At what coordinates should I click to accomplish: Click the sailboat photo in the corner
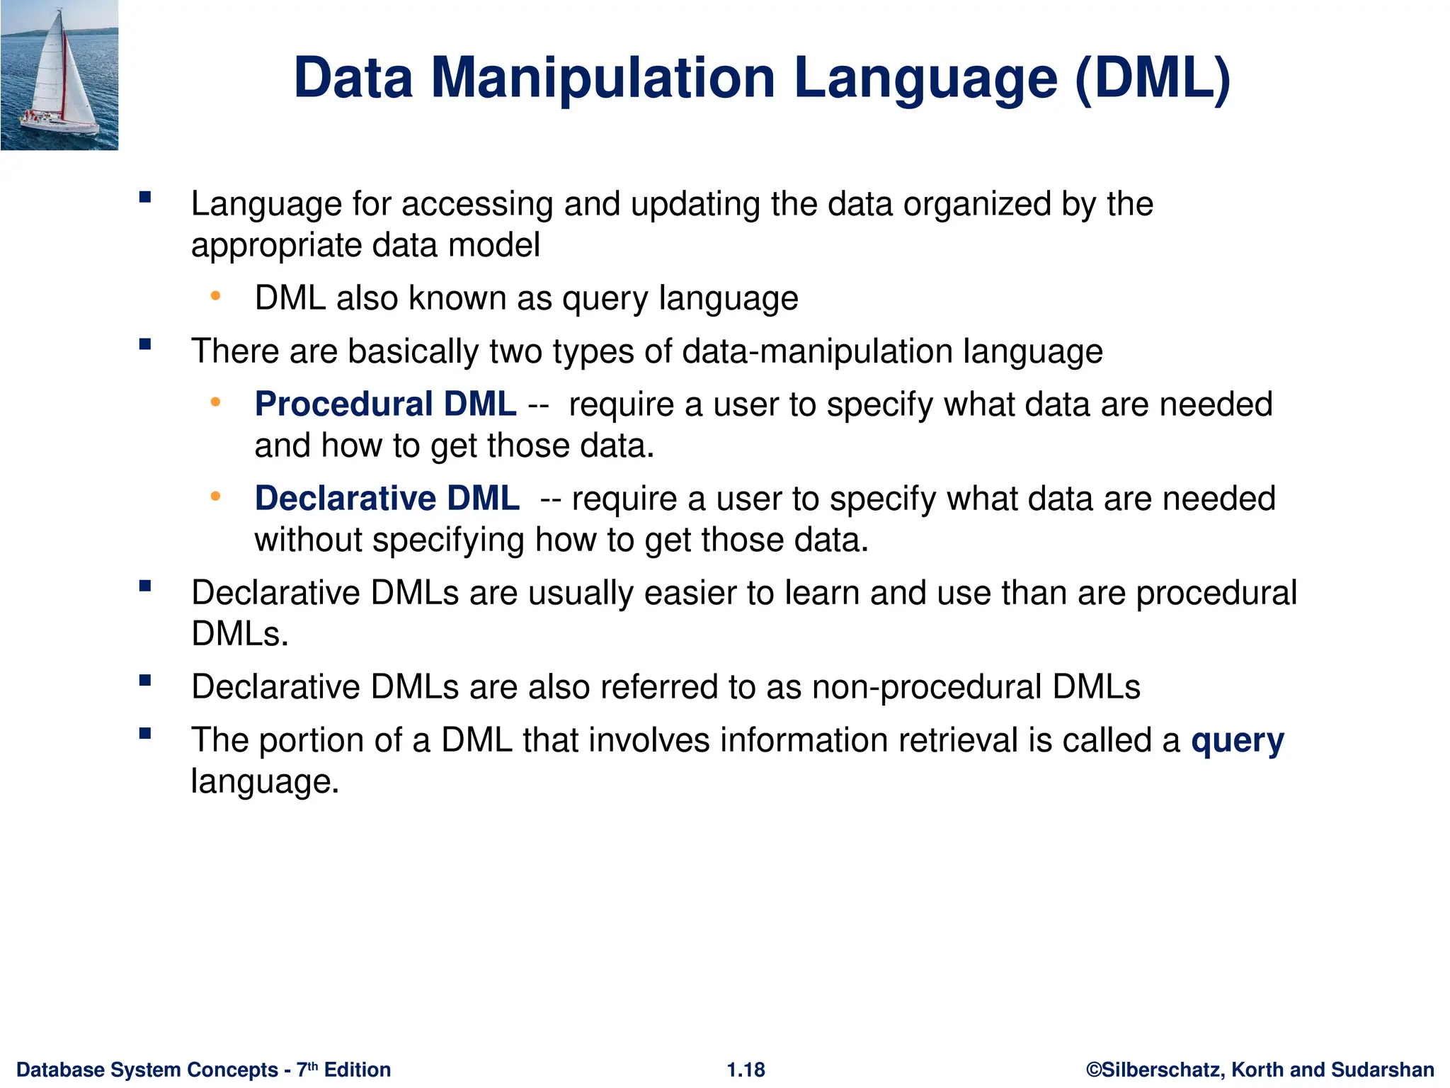[59, 75]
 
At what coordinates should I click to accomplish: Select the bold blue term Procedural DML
[385, 404]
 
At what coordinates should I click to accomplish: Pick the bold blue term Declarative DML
[387, 498]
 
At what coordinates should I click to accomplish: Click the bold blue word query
[1237, 741]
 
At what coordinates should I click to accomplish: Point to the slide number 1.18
[746, 1070]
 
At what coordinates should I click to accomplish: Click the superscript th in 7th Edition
[313, 1065]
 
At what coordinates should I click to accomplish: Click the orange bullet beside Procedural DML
[215, 402]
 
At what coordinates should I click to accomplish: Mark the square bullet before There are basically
[145, 345]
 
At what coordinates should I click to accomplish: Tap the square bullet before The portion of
[145, 734]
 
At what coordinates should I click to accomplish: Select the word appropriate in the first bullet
[276, 246]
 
